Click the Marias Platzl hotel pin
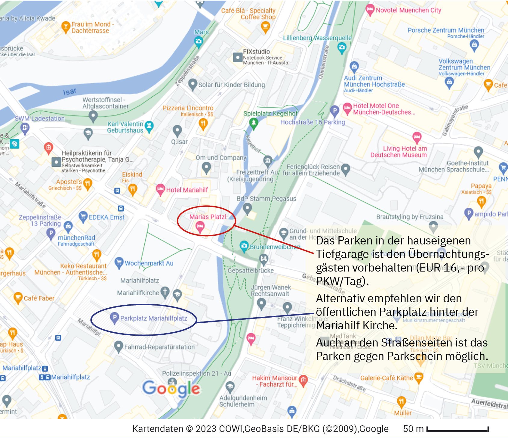pyautogui.click(x=200, y=226)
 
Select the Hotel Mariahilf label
pyautogui.click(x=187, y=190)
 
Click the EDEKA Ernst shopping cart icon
pyautogui.click(x=83, y=216)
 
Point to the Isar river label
pyautogui.click(x=69, y=92)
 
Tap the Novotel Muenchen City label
pyautogui.click(x=408, y=10)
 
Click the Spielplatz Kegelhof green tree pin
pyautogui.click(x=254, y=123)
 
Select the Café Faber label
pyautogui.click(x=39, y=298)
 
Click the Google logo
pyautogui.click(x=171, y=389)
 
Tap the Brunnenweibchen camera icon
pyautogui.click(x=244, y=246)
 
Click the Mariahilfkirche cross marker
pyautogui.click(x=165, y=292)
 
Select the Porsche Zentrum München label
pyautogui.click(x=446, y=30)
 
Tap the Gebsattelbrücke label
pyautogui.click(x=251, y=270)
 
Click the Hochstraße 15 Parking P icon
pyautogui.click(x=334, y=110)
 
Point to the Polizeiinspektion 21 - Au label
pyautogui.click(x=196, y=373)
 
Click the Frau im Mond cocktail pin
pyautogui.click(x=65, y=27)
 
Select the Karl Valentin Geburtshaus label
pyautogui.click(x=125, y=127)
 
